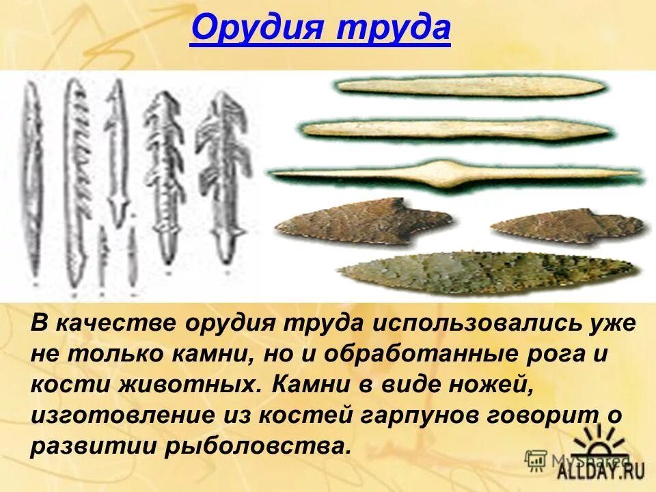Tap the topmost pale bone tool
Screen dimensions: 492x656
click(470, 86)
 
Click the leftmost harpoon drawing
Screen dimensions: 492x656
click(31, 182)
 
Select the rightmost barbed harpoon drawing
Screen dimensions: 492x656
click(223, 171)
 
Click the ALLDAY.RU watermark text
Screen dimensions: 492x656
click(592, 469)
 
